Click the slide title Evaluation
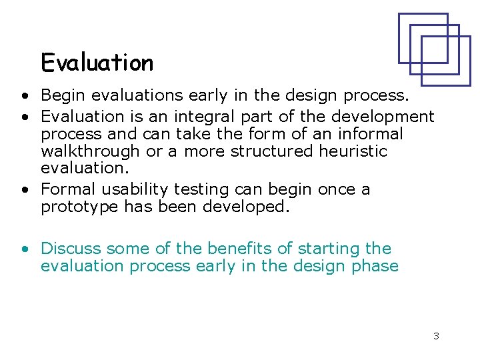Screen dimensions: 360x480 pyautogui.click(x=97, y=63)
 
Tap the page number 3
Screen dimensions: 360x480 pyautogui.click(x=436, y=336)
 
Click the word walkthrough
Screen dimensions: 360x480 pyautogui.click(x=91, y=151)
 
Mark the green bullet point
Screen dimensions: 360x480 pyautogui.click(x=24, y=249)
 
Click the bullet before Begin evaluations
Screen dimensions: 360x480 pyautogui.click(x=24, y=97)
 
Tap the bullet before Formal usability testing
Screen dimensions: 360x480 pyautogui.click(x=24, y=190)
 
